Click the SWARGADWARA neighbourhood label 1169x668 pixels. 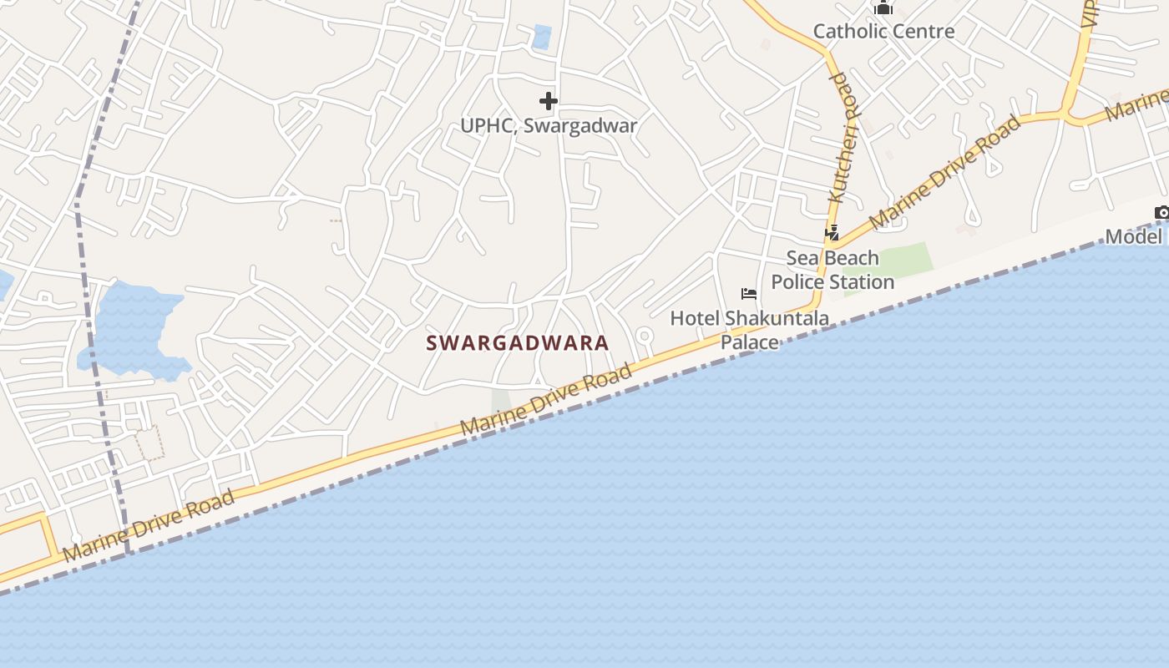coord(518,343)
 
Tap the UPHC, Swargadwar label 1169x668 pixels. coord(549,126)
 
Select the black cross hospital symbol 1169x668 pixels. coord(549,102)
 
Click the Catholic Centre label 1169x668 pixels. coord(883,32)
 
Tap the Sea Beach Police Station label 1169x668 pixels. coord(832,270)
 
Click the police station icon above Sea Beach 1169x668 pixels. coord(832,233)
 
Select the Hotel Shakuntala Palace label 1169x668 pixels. coord(750,330)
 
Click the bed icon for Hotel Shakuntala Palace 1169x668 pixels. coord(749,294)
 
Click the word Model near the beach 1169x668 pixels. coord(1133,236)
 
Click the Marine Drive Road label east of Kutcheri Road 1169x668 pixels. coord(945,172)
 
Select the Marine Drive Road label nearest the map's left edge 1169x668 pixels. coord(149,526)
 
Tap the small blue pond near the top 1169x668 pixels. coord(542,37)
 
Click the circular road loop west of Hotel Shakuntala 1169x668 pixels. coord(644,337)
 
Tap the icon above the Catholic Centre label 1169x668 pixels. coord(883,8)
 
